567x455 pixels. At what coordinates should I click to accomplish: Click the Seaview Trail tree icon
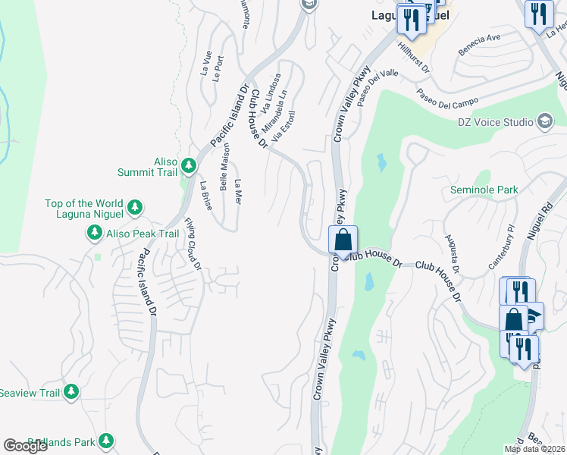click(x=71, y=392)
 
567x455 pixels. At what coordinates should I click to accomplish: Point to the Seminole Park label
click(x=484, y=190)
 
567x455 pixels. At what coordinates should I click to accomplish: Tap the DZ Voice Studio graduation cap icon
click(x=544, y=121)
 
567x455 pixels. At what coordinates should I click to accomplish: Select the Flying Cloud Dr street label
click(x=193, y=244)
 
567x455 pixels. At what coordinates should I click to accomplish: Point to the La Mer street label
click(x=237, y=193)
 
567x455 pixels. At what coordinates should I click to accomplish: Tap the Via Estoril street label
click(x=283, y=127)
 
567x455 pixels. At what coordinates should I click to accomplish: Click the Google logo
click(x=26, y=446)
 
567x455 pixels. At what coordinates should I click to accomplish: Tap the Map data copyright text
click(x=534, y=449)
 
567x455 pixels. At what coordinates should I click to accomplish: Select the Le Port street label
click(x=219, y=67)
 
